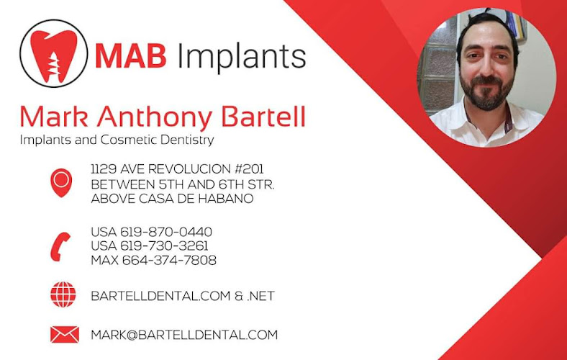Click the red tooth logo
pyautogui.click(x=53, y=55)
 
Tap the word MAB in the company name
pyautogui.click(x=130, y=55)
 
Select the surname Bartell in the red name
pyautogui.click(x=263, y=117)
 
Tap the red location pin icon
pyautogui.click(x=61, y=183)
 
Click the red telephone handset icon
pyautogui.click(x=60, y=246)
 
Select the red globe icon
pyautogui.click(x=63, y=294)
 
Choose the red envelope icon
pyautogui.click(x=64, y=334)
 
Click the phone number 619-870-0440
pyautogui.click(x=166, y=232)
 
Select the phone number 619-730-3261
pyautogui.click(x=164, y=246)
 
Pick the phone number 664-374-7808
pyautogui.click(x=169, y=260)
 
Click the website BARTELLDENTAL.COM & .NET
pyautogui.click(x=183, y=296)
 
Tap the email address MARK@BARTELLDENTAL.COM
pyautogui.click(x=184, y=335)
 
